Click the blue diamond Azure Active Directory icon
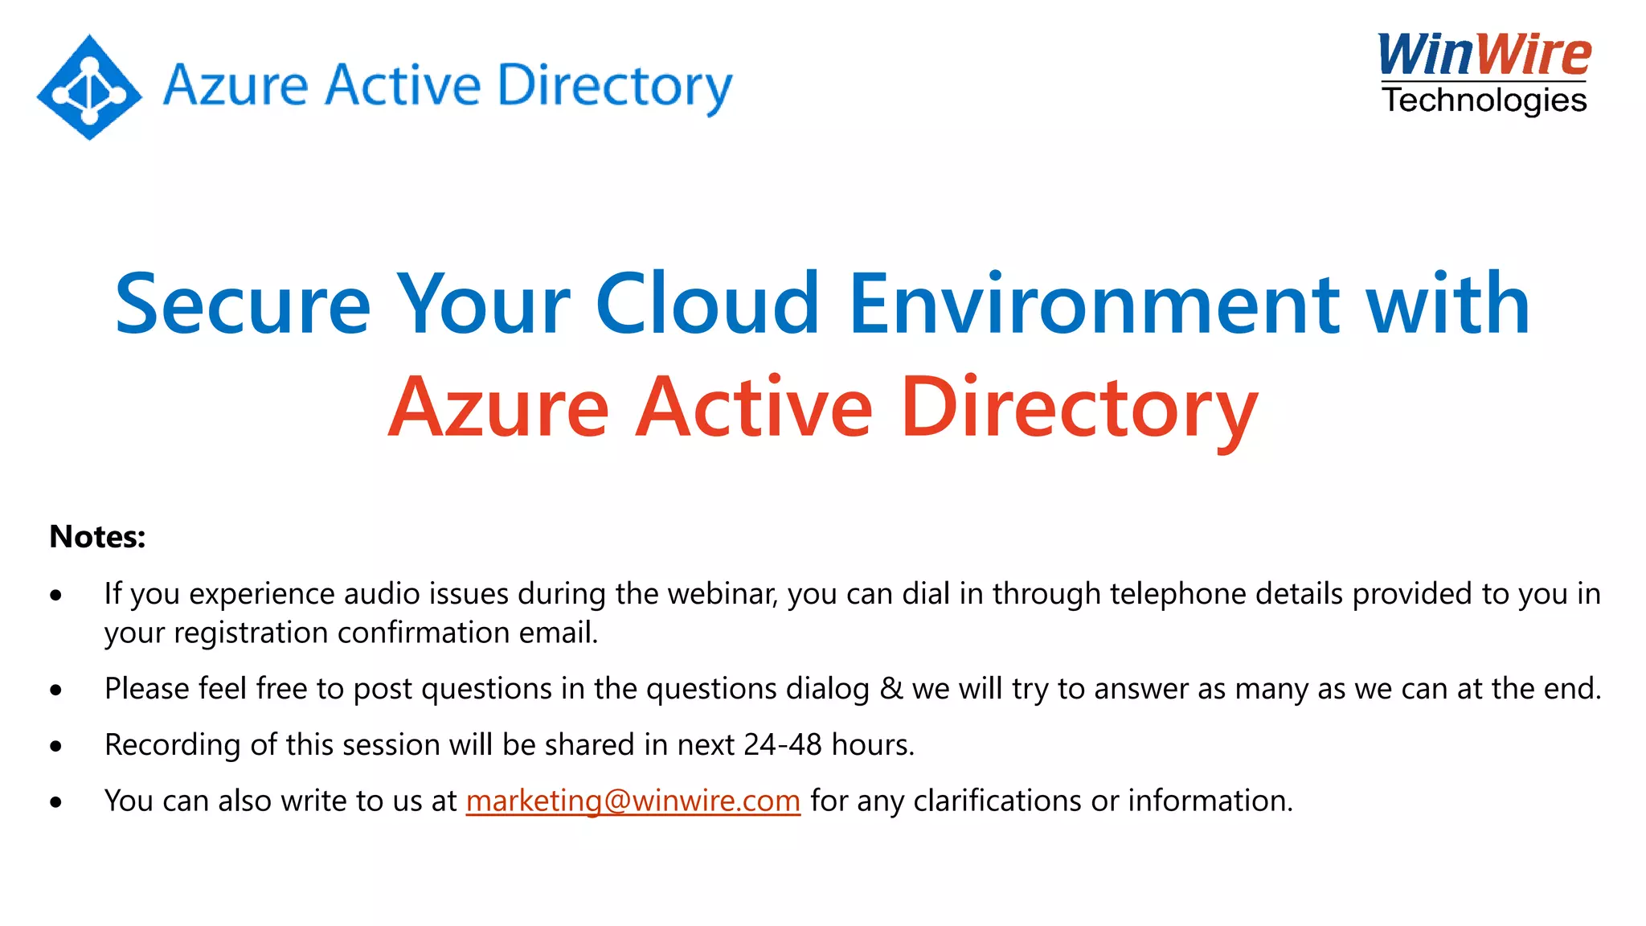click(89, 87)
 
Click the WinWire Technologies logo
click(1484, 72)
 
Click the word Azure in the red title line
click(498, 408)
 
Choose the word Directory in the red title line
click(1079, 408)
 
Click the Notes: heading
click(97, 537)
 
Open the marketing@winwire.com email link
click(633, 801)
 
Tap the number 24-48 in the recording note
click(782, 744)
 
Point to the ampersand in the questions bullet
click(891, 689)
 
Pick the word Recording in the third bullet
click(172, 744)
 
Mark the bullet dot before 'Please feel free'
click(55, 690)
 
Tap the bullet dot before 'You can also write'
click(55, 801)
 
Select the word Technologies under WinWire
click(1484, 100)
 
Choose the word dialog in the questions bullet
click(827, 689)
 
